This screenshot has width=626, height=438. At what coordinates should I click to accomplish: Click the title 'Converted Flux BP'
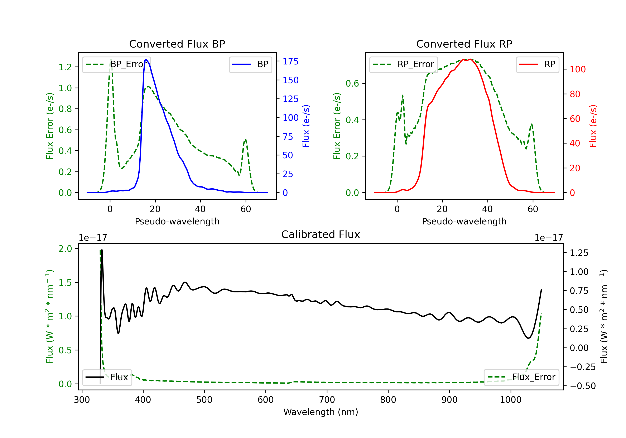[x=177, y=44]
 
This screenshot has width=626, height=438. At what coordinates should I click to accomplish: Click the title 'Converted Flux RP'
[x=464, y=44]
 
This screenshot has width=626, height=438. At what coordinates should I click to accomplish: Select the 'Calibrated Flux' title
[x=321, y=234]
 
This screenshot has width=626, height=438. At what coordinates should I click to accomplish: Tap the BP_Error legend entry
[x=117, y=64]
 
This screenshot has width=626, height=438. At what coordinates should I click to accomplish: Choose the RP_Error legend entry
[x=404, y=64]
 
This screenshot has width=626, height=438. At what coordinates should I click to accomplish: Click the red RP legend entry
[x=537, y=64]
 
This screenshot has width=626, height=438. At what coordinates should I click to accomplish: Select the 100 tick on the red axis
[x=577, y=69]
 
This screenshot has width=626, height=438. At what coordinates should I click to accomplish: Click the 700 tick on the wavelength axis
[x=327, y=400]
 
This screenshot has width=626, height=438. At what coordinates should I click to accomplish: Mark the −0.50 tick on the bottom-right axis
[x=583, y=386]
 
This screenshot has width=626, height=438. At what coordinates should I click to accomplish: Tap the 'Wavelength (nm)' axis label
[x=321, y=412]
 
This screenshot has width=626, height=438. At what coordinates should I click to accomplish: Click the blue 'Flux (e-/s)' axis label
[x=306, y=126]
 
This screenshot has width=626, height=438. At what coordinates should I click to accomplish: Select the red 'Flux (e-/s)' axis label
[x=593, y=126]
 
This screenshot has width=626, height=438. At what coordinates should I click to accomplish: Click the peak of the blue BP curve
[x=146, y=59]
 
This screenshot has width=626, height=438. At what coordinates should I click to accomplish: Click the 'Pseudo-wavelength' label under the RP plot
[x=464, y=221]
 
